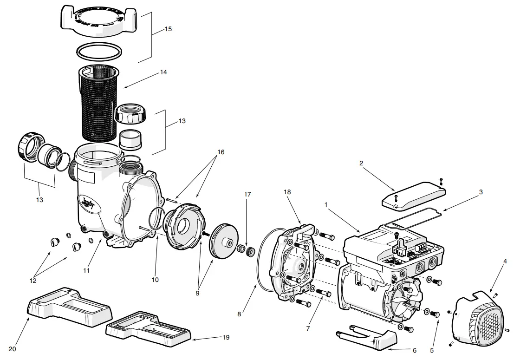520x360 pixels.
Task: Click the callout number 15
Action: (168, 29)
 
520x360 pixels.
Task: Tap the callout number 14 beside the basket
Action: (163, 72)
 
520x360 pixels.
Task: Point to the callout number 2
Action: (361, 163)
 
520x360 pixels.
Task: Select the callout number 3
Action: (481, 191)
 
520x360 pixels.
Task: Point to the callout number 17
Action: (247, 194)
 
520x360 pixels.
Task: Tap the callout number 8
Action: (239, 314)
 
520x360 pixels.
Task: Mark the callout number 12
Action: (33, 280)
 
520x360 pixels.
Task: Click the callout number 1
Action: (326, 204)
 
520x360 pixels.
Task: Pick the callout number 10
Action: (155, 280)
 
